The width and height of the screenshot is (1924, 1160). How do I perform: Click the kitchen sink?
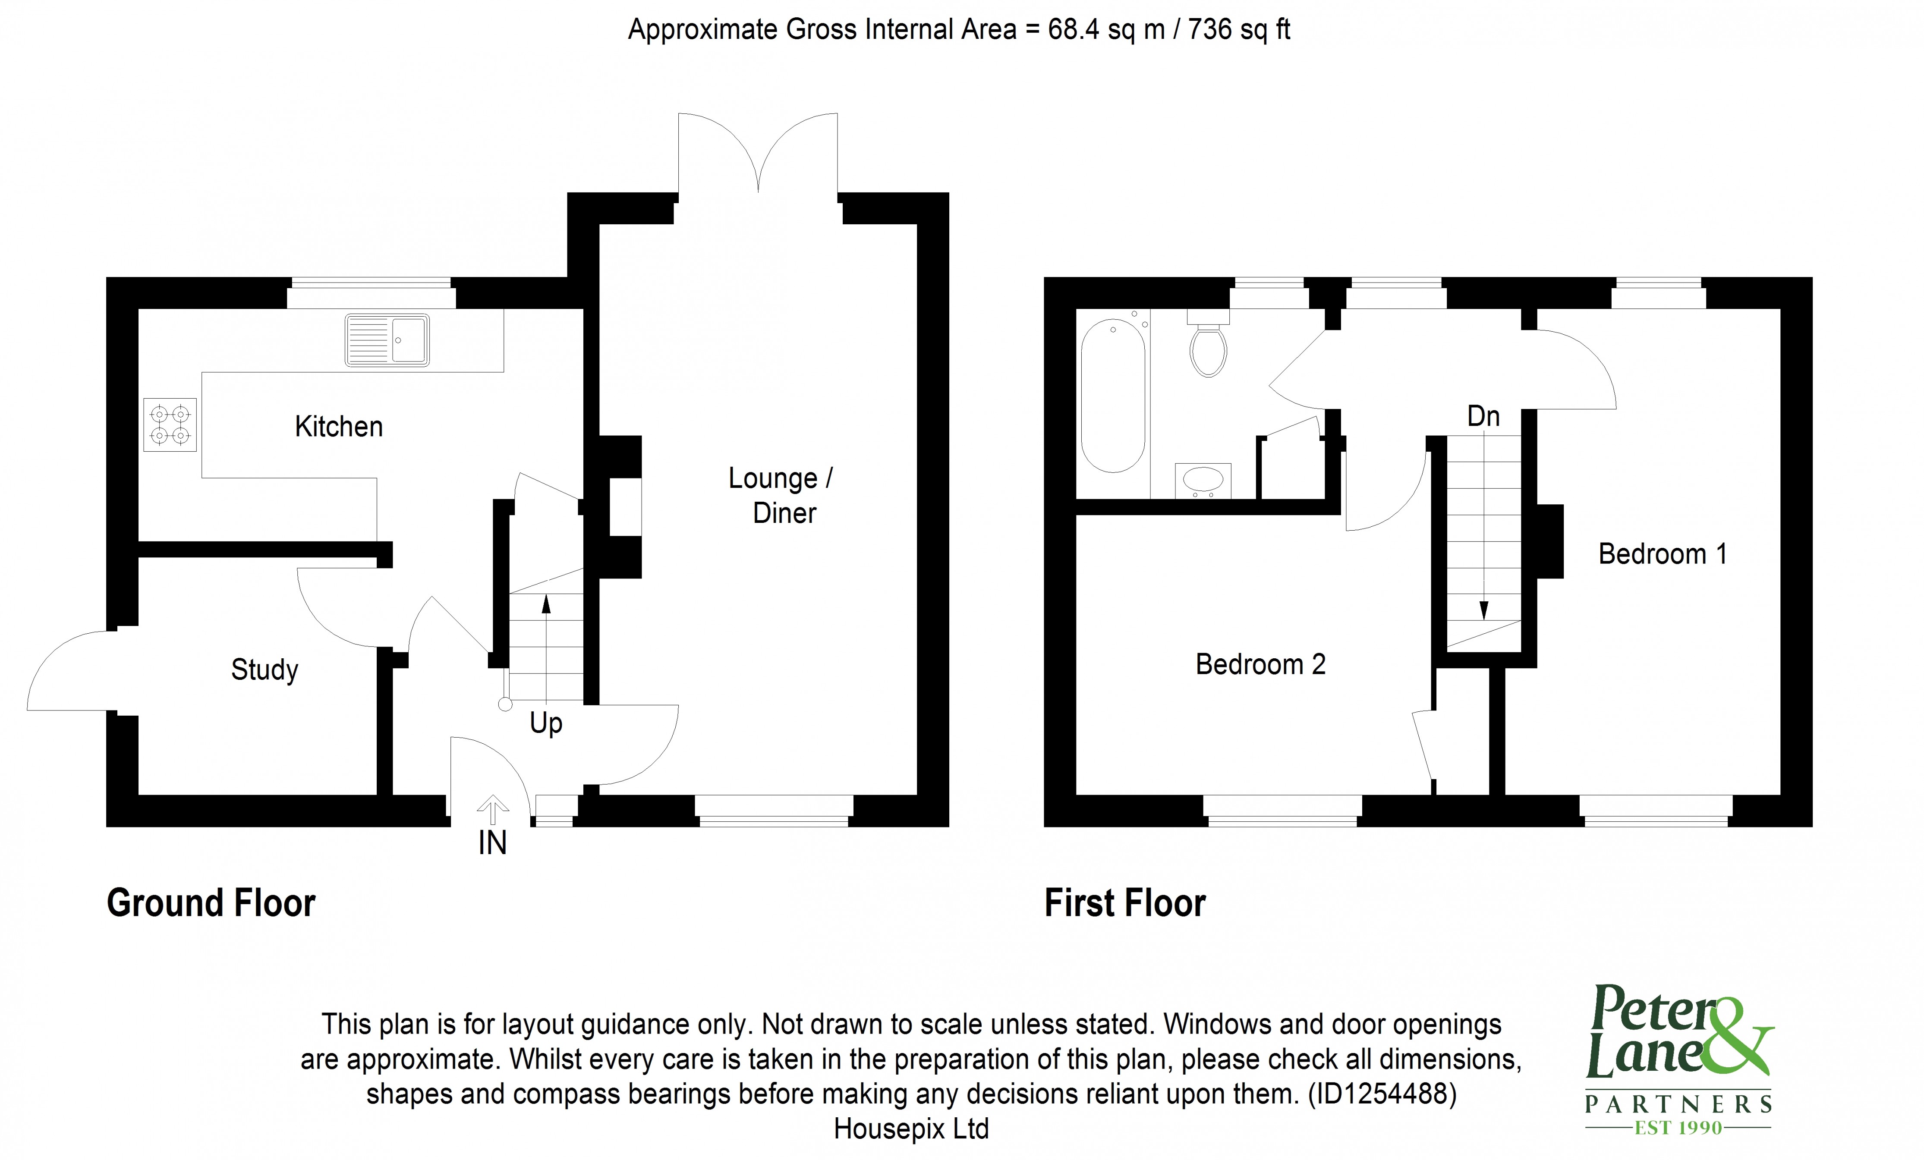coord(387,340)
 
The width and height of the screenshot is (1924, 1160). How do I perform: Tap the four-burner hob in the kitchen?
coord(170,424)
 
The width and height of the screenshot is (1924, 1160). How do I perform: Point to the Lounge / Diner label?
coord(781,495)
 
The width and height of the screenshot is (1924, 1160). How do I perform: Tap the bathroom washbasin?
coord(1203,480)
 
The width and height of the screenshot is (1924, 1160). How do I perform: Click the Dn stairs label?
coord(1483,416)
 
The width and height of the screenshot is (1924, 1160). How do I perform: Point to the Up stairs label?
coord(546,723)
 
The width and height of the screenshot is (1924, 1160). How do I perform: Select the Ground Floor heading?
coord(211,903)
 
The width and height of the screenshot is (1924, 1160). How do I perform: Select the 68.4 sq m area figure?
coord(1105,30)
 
